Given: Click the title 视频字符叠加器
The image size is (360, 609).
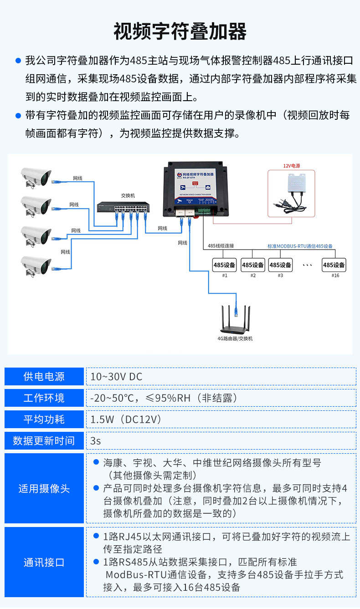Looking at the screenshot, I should [180, 31].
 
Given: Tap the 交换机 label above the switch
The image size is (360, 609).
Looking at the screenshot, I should [128, 195].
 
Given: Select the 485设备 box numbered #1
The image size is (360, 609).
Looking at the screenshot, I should [225, 265].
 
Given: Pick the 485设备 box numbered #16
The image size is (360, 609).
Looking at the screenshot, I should [334, 265].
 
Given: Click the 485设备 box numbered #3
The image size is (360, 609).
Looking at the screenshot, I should [280, 265].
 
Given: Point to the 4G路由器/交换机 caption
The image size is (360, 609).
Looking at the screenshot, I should [235, 338].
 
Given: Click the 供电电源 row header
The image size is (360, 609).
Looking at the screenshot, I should [44, 377].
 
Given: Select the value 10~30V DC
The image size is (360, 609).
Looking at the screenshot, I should [117, 377].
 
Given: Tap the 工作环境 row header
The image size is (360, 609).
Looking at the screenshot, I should [44, 398].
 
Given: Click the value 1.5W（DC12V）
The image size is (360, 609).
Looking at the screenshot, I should [126, 420].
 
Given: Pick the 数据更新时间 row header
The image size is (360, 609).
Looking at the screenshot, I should [44, 441].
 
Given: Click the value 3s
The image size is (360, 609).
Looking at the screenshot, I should [96, 441].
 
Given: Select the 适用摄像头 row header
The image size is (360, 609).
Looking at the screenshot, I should [44, 489].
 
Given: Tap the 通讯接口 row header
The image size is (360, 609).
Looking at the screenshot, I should [44, 563].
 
